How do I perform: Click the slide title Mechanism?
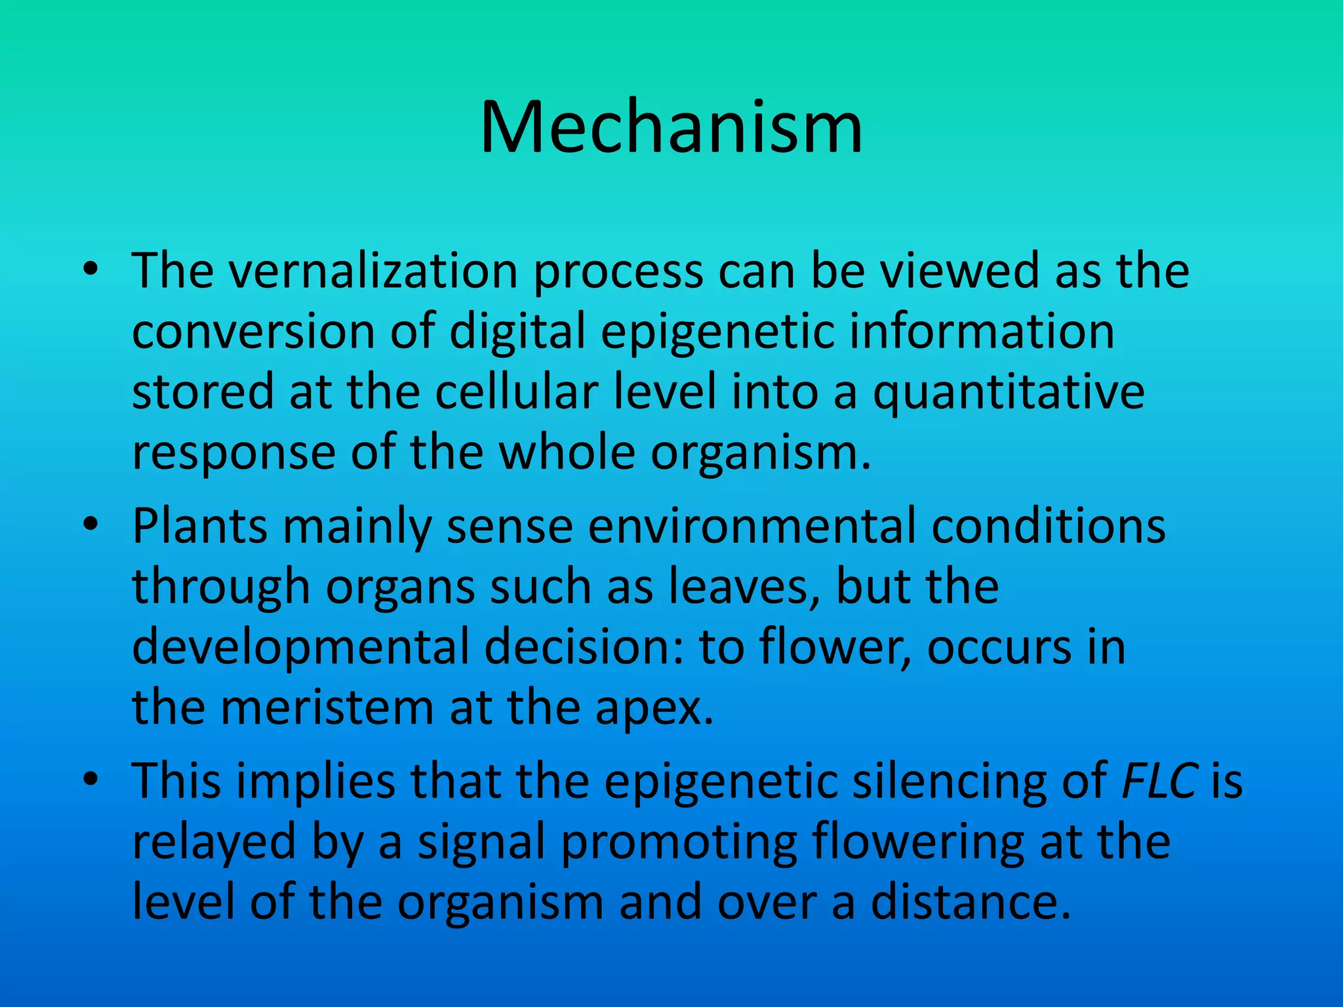671,128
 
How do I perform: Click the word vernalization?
373,271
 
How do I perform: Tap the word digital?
517,332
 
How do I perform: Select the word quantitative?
1009,392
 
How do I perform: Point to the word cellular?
516,392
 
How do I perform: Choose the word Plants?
199,526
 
